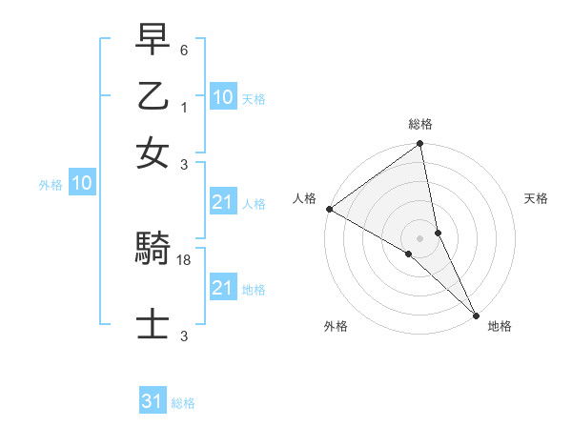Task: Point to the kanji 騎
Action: point(153,250)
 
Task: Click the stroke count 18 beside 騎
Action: point(185,259)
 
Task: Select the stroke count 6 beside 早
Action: point(185,50)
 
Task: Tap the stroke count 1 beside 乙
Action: point(185,108)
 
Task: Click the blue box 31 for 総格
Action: point(153,402)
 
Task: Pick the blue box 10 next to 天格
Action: point(222,98)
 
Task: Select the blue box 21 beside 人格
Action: point(222,202)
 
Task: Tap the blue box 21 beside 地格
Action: point(222,289)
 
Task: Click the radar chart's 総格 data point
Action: point(420,145)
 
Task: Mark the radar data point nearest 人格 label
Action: point(329,209)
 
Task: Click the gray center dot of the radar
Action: point(420,236)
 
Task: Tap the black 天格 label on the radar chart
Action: point(536,198)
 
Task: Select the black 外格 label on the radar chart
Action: point(336,326)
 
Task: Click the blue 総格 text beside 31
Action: point(183,403)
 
